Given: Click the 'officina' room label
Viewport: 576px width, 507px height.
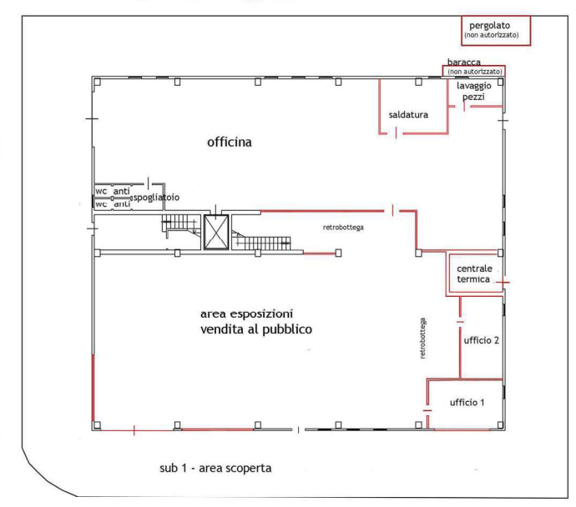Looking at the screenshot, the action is (x=230, y=142).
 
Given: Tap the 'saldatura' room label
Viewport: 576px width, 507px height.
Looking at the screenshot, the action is (x=408, y=115).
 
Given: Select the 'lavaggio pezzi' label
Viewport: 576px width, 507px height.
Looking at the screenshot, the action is (x=473, y=92).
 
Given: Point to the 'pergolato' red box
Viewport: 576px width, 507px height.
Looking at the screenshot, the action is (x=496, y=31).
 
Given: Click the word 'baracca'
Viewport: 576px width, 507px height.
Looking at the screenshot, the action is (x=463, y=62).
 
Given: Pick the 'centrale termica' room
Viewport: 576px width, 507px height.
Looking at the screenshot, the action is (x=476, y=274).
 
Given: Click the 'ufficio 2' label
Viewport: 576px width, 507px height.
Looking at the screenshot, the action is (x=481, y=340).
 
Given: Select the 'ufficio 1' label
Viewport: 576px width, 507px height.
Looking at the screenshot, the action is (x=467, y=403).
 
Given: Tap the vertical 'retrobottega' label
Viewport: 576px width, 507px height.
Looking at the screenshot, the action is (x=422, y=338).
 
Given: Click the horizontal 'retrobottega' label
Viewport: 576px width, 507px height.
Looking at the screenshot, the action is (x=343, y=228).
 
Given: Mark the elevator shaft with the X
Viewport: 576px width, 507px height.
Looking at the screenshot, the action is (x=216, y=232).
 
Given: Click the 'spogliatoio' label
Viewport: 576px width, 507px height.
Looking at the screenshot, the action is (x=156, y=198).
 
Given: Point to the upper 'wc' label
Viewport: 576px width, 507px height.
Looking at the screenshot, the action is (x=101, y=191).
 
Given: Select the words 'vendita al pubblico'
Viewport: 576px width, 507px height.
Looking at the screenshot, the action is (x=256, y=329).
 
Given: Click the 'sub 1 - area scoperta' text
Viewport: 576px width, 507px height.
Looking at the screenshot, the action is (x=215, y=468).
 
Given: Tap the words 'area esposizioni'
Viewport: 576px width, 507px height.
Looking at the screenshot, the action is (x=246, y=314).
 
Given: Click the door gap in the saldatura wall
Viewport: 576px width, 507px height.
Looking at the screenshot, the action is (x=396, y=133).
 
